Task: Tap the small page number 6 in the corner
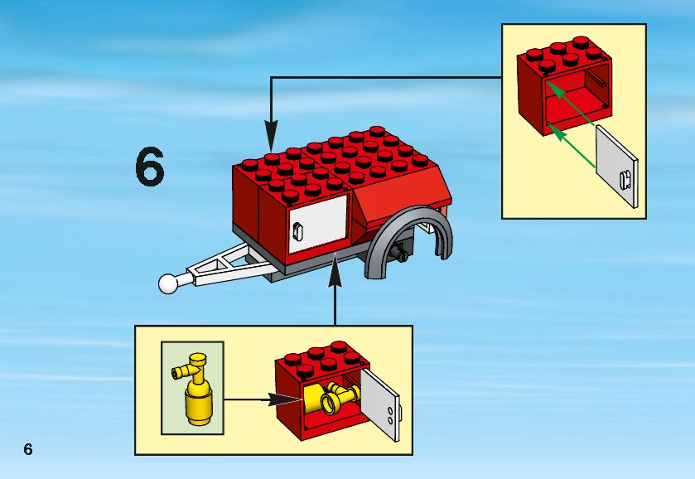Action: point(28,449)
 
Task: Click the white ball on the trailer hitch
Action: point(169,283)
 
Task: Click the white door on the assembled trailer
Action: point(316,224)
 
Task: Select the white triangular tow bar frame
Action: point(229,265)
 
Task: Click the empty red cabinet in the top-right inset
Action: point(563,91)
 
